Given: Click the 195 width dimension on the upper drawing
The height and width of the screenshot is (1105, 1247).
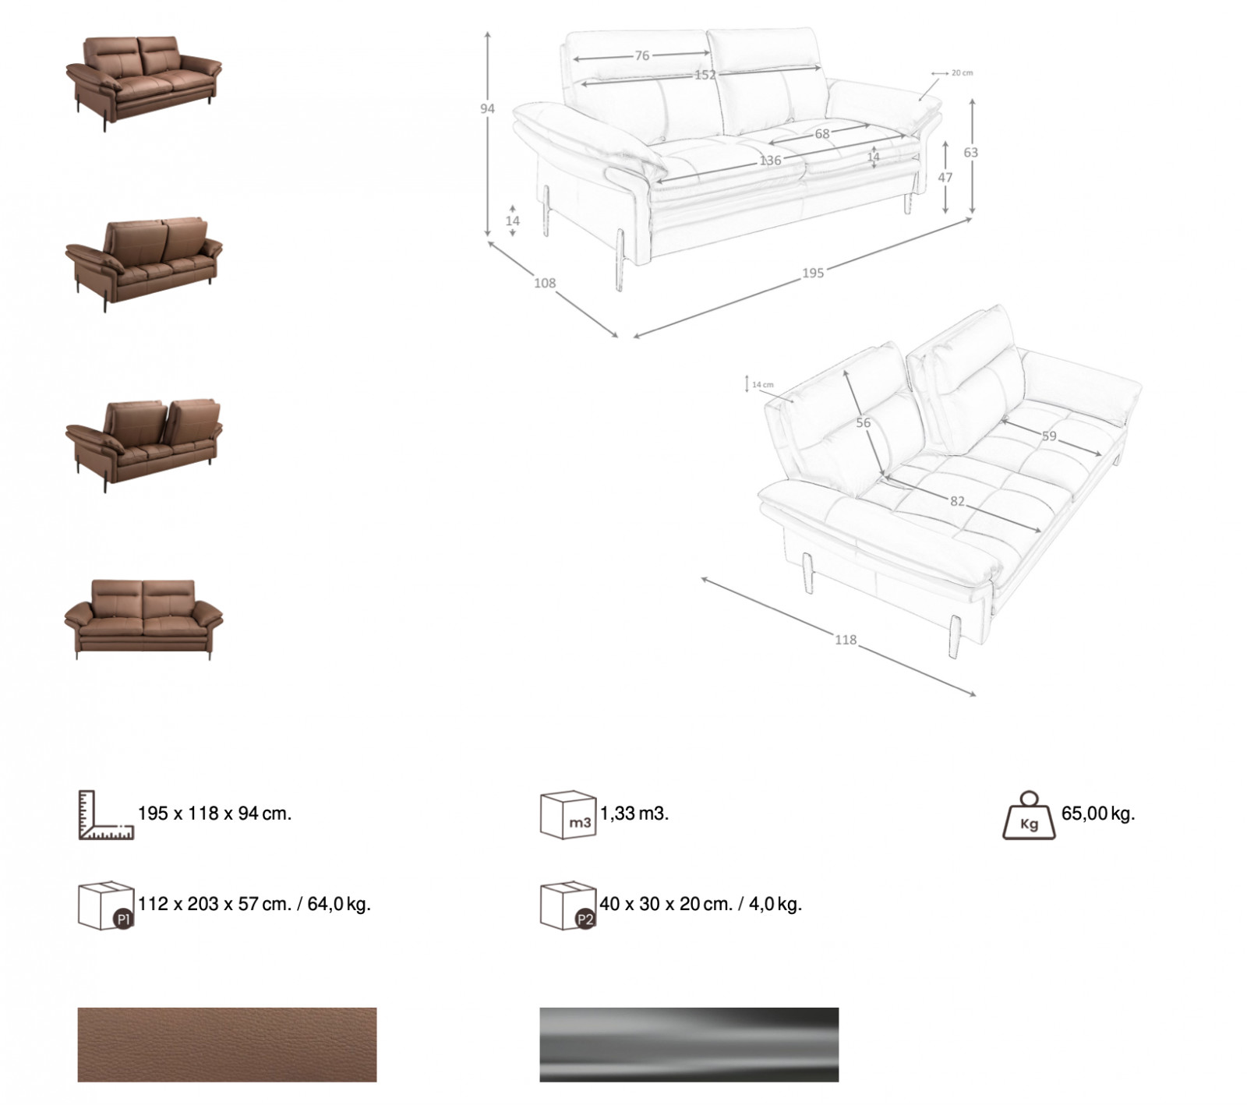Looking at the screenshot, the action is point(812,272).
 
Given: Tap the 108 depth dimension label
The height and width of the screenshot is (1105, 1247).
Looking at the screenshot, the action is point(544,283).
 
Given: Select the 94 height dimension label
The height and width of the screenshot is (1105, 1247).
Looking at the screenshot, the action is point(487,109).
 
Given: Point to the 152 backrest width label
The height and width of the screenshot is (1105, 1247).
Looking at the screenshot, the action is point(705,75).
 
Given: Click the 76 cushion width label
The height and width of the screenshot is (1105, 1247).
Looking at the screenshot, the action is point(641,55).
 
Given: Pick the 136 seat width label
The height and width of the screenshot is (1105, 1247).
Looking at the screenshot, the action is point(770,161).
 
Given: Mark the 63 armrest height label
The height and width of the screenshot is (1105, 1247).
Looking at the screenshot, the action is point(970,153).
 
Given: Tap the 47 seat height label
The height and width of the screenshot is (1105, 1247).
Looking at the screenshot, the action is point(945,178).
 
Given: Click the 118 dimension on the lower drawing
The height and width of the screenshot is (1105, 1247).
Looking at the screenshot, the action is point(845,640).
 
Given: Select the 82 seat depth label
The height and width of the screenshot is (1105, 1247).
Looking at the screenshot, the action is point(957,501).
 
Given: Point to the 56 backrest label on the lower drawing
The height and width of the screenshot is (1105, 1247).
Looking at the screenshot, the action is point(863,423).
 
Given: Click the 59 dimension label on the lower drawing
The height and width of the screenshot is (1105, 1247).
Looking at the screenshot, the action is point(1049,436).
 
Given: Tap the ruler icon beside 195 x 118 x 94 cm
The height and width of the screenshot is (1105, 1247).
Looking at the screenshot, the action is point(106,815).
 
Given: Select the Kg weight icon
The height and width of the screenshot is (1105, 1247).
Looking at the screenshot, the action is point(1029,816).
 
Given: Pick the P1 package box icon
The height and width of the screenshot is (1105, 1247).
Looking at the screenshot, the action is point(106,906).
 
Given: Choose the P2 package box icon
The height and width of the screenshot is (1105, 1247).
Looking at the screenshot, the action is point(568,906).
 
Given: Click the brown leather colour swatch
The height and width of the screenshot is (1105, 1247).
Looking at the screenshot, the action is point(227,1044).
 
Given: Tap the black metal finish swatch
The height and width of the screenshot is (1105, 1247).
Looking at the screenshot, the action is point(689,1044).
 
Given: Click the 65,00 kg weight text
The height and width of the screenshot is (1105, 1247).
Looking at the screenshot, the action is point(1098,814).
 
